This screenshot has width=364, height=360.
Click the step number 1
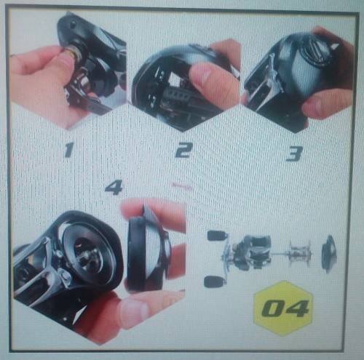coord(68,150)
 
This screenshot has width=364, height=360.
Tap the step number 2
coord(183,151)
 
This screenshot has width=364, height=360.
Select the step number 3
coord(294,153)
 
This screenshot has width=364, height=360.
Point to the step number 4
coord(114,188)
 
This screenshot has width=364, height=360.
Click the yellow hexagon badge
coord(283,308)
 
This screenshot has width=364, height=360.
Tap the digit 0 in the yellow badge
coord(272,309)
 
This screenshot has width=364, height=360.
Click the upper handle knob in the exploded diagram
coord(217,236)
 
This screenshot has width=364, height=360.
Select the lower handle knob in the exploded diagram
coord(213,281)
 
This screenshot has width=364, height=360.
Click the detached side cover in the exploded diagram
coord(329,254)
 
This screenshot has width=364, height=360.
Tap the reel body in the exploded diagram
coord(253,252)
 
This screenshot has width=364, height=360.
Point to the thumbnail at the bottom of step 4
coord(132,314)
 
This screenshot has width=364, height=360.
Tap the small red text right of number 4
coord(183,186)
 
